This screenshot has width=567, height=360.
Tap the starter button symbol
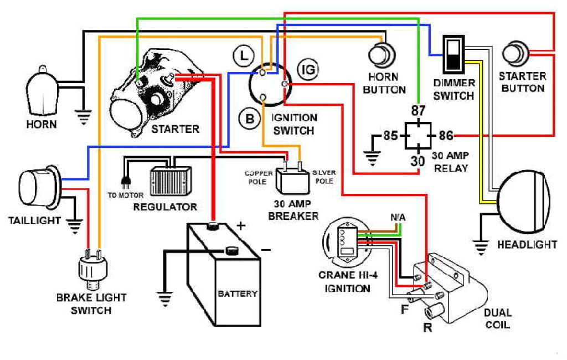(x=516, y=55)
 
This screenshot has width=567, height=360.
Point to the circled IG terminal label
(x=307, y=69)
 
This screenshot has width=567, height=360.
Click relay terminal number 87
(x=418, y=110)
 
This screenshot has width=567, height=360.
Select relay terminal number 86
(x=446, y=135)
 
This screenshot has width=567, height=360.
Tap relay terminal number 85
(x=391, y=135)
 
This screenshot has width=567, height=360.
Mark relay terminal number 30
(x=418, y=161)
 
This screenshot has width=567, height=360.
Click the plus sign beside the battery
(x=241, y=225)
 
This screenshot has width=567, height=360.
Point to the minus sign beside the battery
(x=266, y=250)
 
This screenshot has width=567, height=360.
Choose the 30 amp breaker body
(x=293, y=179)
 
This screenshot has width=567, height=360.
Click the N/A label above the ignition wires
(x=398, y=218)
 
